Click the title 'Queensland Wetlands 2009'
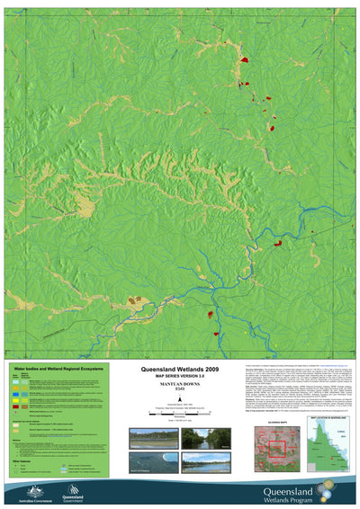click(180, 369)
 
